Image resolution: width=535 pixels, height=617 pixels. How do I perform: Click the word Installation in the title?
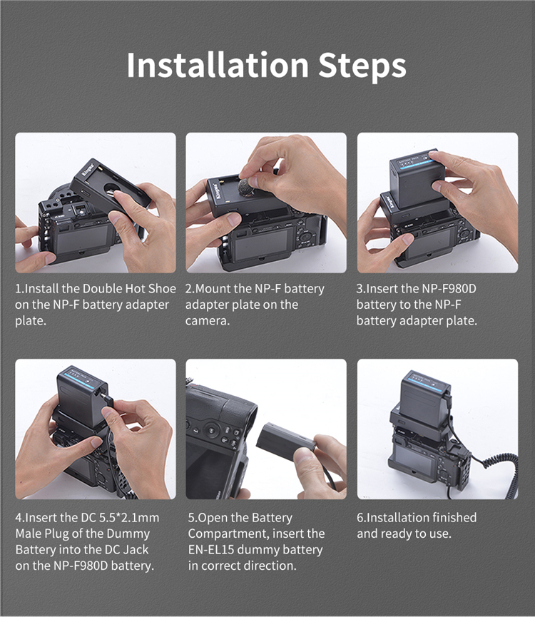(x=218, y=65)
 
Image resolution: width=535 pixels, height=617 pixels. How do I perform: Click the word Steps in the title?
(x=362, y=67)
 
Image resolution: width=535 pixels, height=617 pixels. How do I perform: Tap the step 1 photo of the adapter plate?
(x=96, y=203)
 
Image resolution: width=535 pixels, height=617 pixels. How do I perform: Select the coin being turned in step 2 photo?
(x=246, y=186)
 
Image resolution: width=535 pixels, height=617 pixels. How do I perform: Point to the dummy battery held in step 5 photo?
(x=286, y=442)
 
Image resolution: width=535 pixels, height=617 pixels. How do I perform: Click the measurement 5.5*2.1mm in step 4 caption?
(x=129, y=517)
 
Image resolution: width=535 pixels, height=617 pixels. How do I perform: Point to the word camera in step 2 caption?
(x=208, y=321)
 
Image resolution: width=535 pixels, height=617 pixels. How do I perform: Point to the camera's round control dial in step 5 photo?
(x=213, y=430)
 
